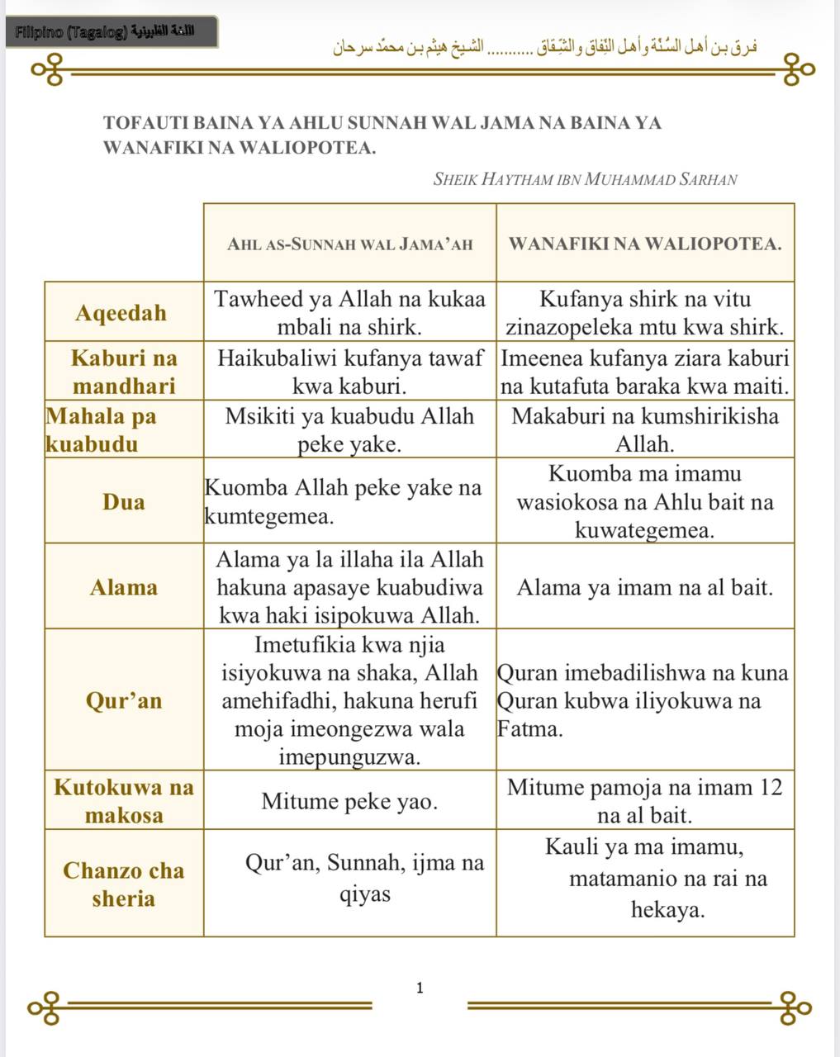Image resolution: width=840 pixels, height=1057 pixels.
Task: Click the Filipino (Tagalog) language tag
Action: (112, 33)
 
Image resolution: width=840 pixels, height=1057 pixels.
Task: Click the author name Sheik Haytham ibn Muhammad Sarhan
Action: (585, 179)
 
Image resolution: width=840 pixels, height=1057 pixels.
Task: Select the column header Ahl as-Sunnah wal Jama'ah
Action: (349, 244)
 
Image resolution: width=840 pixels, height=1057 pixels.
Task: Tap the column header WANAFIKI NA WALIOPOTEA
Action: (645, 244)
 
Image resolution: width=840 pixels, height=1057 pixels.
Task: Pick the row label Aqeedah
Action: (121, 313)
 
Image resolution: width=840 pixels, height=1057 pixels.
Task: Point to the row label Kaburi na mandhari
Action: (124, 372)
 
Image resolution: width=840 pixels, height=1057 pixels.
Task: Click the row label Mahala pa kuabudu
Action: (101, 429)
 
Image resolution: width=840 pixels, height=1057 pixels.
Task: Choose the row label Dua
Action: (124, 501)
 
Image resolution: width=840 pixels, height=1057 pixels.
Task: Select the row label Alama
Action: (124, 587)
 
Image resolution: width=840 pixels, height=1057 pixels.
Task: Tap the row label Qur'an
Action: (124, 700)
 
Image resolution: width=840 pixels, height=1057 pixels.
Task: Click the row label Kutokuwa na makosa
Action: (124, 801)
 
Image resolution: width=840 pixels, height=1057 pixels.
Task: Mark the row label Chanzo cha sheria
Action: (124, 884)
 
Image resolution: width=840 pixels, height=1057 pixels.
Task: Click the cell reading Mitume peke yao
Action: (349, 801)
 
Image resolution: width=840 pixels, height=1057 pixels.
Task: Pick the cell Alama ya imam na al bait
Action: (645, 587)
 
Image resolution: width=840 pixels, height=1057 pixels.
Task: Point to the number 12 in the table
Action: (770, 787)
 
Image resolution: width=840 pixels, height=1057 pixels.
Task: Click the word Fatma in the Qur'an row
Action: (529, 729)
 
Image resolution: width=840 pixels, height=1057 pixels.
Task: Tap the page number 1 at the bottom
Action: (420, 988)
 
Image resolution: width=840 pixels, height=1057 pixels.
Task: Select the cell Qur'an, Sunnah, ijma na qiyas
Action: (364, 879)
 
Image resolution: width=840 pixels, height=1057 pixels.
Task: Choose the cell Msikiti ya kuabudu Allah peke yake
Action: (349, 430)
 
